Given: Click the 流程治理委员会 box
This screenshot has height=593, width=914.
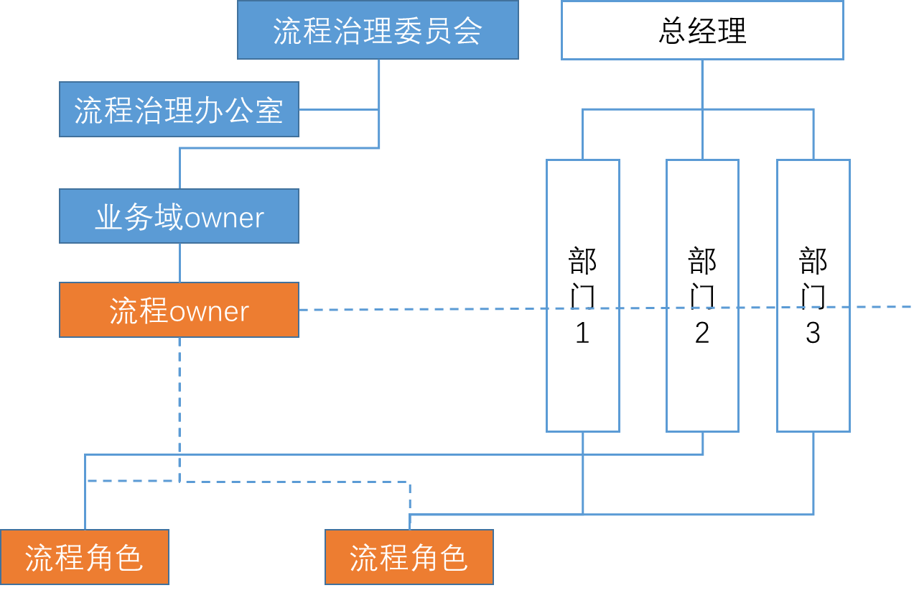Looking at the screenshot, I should click(x=378, y=30).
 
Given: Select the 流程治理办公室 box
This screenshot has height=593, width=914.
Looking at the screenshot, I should click(x=179, y=109).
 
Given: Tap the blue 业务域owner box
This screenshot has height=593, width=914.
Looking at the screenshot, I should click(x=179, y=216).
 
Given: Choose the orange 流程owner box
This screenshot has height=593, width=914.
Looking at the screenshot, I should click(x=179, y=310).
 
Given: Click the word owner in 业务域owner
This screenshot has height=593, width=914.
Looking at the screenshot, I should click(x=224, y=218).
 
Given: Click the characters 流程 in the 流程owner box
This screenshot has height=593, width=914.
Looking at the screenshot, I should click(x=139, y=311).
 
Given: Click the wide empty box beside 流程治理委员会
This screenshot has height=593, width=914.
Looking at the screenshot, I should click(x=701, y=30).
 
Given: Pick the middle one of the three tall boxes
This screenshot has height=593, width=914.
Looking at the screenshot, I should click(x=702, y=295).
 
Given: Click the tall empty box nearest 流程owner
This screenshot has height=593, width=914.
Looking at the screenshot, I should click(x=582, y=295).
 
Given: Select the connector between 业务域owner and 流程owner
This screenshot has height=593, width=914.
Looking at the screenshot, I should click(x=179, y=262).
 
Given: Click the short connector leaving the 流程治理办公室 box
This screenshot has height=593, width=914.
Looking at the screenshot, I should click(x=338, y=110).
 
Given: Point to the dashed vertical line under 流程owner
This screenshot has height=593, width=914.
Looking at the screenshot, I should click(x=179, y=403).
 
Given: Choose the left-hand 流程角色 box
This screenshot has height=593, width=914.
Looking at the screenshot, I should click(x=85, y=557).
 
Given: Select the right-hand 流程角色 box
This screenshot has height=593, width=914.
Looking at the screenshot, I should click(x=409, y=557).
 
